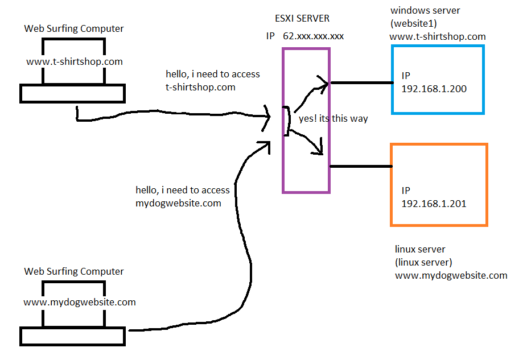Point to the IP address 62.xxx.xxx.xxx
point(313,36)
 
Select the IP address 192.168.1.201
point(434,204)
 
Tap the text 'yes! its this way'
point(333,119)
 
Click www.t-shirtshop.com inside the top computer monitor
point(75,61)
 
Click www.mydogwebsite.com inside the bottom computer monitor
point(80,302)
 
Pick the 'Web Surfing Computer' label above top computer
point(74,28)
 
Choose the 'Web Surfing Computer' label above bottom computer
point(74,272)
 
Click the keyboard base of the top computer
point(72,93)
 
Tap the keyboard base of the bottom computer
point(72,336)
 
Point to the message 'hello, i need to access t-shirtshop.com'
point(212,81)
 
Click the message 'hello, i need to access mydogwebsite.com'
point(182,196)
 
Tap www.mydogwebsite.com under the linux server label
point(451,275)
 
